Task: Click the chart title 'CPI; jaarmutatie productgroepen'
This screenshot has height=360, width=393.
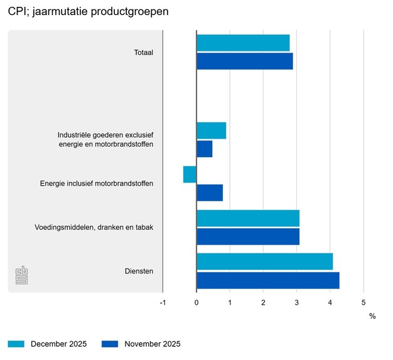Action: pos(89,12)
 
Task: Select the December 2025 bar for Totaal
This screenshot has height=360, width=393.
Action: pos(243,43)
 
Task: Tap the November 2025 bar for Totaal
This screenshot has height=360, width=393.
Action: pos(245,61)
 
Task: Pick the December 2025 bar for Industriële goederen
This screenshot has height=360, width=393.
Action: pos(212,130)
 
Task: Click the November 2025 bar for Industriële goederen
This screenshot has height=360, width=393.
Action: pos(205,149)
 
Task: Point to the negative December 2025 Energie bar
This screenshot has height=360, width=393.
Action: pos(190,174)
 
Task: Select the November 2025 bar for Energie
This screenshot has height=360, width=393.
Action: pos(210,193)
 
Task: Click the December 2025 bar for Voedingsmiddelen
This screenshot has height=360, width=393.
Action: pos(248,218)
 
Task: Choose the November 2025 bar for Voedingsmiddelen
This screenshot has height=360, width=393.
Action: pos(248,237)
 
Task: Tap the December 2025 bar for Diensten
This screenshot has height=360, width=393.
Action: pos(265,262)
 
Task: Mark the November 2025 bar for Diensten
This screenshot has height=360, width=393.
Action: pos(268,280)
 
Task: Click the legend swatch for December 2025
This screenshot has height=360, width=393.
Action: pos(16,344)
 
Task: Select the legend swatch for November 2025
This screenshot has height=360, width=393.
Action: pos(110,344)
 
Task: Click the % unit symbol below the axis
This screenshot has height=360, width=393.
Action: pos(372,316)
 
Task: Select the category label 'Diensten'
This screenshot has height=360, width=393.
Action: pos(139,271)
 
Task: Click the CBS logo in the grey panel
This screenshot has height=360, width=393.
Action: pos(22,275)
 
